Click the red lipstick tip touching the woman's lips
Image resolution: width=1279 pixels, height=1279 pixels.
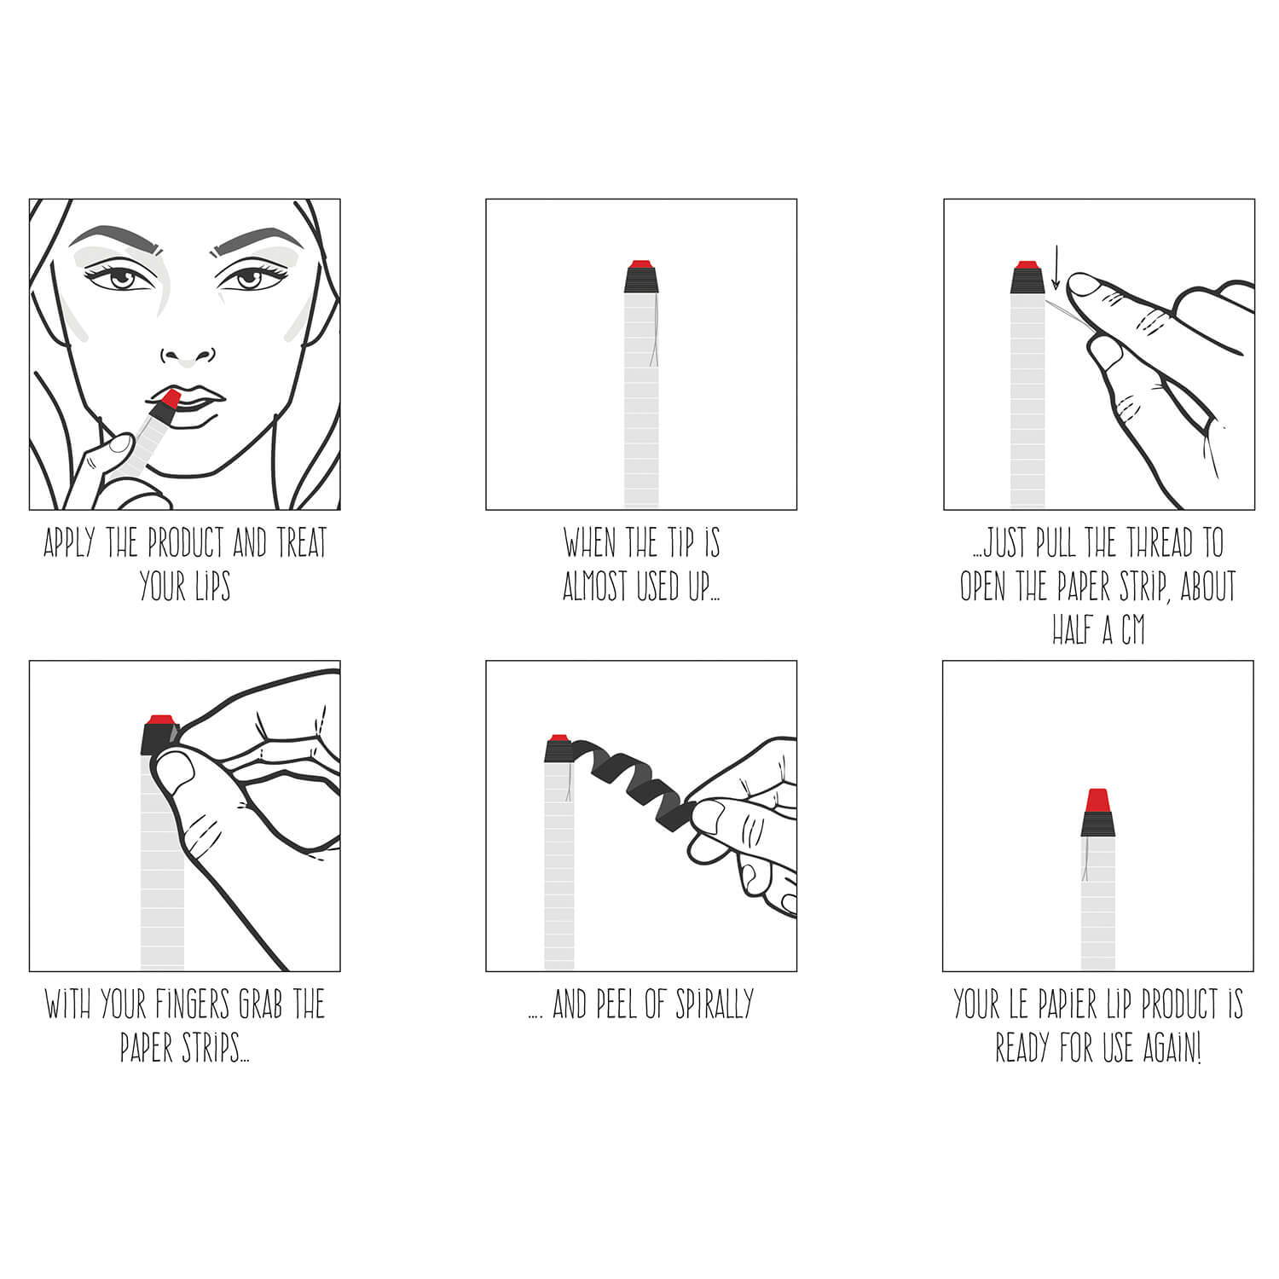[x=170, y=398]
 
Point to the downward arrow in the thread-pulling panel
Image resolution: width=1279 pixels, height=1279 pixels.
[x=1056, y=269]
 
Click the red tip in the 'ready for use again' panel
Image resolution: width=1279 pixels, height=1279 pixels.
[x=1098, y=801]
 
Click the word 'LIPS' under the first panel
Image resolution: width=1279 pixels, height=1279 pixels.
[x=209, y=587]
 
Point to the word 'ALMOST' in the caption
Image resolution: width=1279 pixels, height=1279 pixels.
[x=596, y=587]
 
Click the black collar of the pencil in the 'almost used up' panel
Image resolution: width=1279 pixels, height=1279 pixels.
[x=641, y=280]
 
